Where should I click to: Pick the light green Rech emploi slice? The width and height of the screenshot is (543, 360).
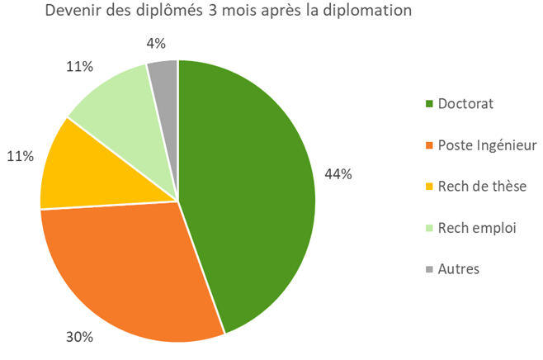click(x=116, y=103)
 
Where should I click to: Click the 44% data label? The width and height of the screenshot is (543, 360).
click(x=339, y=174)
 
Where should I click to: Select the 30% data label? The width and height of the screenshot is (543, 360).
click(x=80, y=337)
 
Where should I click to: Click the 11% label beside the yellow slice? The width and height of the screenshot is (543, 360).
click(x=21, y=155)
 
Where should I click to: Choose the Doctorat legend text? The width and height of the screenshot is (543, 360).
click(x=466, y=104)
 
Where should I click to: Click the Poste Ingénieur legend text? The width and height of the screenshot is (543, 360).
click(x=488, y=145)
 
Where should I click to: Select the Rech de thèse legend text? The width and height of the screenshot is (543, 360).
click(x=482, y=187)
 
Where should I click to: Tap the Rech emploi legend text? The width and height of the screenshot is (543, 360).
click(x=477, y=228)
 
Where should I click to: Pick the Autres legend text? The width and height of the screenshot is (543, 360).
click(x=459, y=269)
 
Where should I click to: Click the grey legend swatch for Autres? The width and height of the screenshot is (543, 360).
click(x=429, y=270)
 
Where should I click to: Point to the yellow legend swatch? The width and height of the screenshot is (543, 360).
click(x=429, y=187)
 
